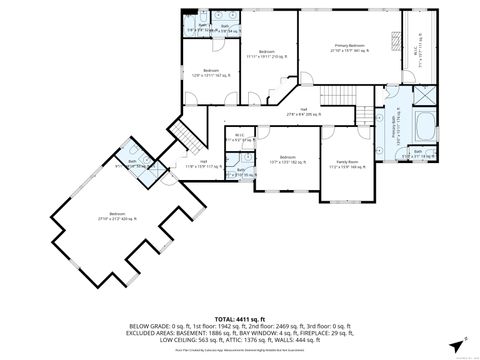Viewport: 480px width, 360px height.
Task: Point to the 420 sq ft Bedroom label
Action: [118, 214]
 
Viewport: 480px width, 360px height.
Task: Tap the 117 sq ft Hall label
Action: [203, 163]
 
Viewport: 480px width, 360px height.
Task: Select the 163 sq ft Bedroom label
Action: [211, 72]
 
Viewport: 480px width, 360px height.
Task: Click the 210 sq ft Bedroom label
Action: [266, 53]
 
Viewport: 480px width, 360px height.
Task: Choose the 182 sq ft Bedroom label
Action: [286, 159]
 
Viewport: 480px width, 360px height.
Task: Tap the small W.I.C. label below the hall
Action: [239, 137]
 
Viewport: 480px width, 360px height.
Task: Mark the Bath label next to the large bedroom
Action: [133, 162]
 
